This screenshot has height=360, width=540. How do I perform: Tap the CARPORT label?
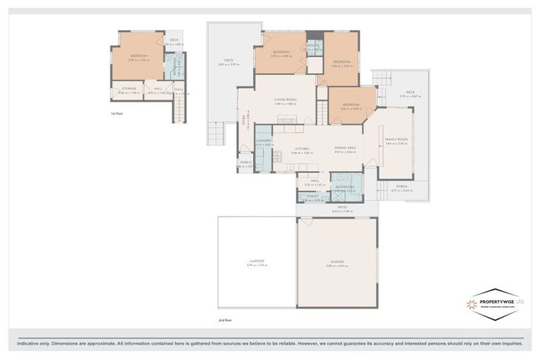pos(257,261)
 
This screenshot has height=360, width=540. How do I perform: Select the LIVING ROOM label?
pos(285,100)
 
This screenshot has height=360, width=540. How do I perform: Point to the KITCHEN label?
pos(302,148)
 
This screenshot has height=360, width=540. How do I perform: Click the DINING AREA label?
pos(345,148)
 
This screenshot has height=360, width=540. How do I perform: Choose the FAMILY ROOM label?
pos(397,139)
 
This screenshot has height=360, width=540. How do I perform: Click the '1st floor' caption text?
pos(117,112)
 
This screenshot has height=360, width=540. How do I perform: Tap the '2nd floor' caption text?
pos(224,320)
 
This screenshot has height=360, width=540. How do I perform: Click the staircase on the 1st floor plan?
pos(181,109)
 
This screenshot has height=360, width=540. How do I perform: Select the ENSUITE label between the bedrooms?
pos(314,47)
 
